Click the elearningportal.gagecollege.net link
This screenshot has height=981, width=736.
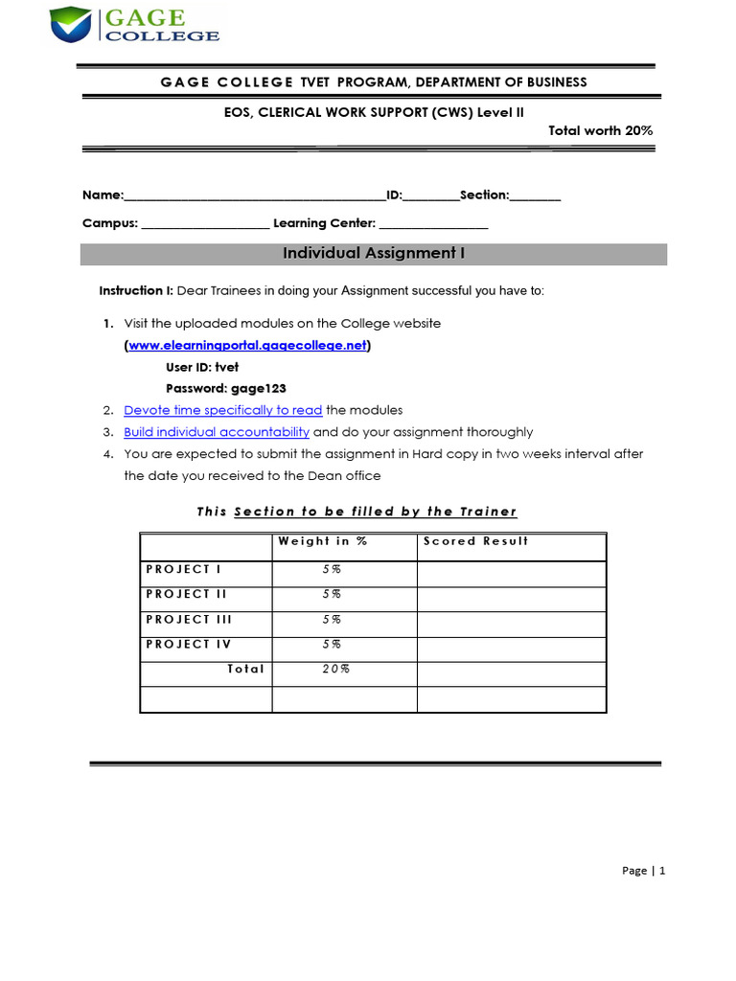coord(247,346)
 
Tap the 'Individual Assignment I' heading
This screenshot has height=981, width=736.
coord(374,254)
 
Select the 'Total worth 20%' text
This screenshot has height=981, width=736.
coord(600,130)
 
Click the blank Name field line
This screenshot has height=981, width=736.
coord(254,196)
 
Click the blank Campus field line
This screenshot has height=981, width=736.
coord(204,225)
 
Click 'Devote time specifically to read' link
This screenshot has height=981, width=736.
coord(222,410)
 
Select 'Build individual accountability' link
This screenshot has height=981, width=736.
coord(217,432)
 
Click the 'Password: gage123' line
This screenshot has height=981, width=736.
coord(226,388)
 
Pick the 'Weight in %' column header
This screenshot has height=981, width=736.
coord(322,541)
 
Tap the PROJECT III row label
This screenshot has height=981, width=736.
coord(189,619)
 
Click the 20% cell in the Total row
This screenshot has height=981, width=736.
coord(335,669)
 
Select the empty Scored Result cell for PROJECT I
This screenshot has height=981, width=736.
coord(511,573)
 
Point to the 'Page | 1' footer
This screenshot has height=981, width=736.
coord(643,871)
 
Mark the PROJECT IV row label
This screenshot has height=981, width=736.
coord(189,644)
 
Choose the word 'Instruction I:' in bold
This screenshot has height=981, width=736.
coord(136,291)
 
